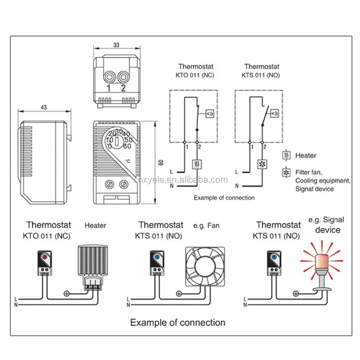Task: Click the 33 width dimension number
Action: [116, 45]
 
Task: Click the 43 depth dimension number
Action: [44, 107]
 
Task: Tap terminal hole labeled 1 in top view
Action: [108, 77]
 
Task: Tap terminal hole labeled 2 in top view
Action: [123, 77]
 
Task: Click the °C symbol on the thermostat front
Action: [128, 161]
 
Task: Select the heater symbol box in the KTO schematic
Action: [197, 165]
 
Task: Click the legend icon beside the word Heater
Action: [286, 156]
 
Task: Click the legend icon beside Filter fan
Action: [286, 173]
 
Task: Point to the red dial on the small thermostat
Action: [44, 257]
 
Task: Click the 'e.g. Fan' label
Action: [206, 226]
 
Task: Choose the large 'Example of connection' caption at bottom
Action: [177, 322]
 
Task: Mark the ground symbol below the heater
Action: [66, 293]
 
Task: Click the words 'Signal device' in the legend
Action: [314, 189]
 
